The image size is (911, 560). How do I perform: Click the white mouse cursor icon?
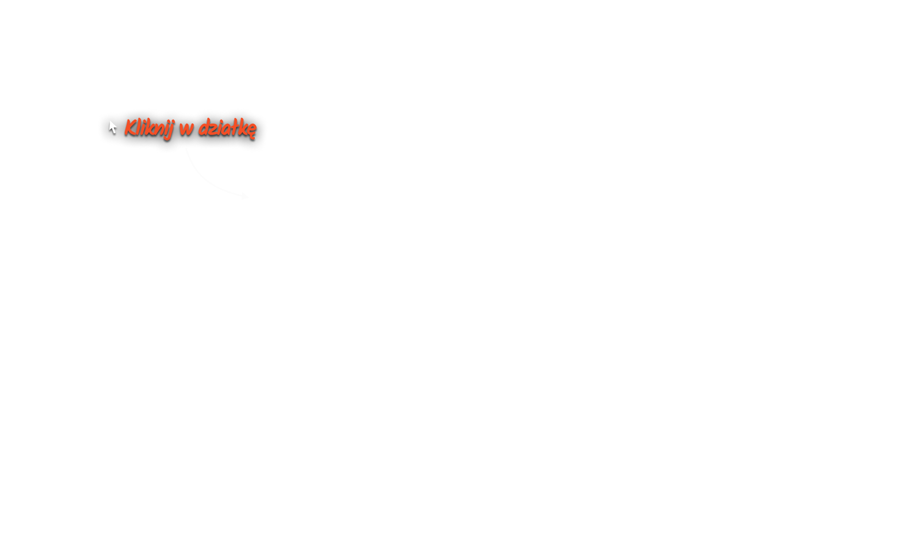point(112,127)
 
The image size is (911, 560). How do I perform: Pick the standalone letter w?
point(186,129)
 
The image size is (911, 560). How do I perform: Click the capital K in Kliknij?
point(130,128)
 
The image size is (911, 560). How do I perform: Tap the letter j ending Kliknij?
point(171,130)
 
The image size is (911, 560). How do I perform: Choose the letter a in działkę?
point(227,129)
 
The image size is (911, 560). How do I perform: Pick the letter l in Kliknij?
point(138,127)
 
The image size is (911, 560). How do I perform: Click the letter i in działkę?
point(221,128)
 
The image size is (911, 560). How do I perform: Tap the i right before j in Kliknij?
point(165,128)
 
